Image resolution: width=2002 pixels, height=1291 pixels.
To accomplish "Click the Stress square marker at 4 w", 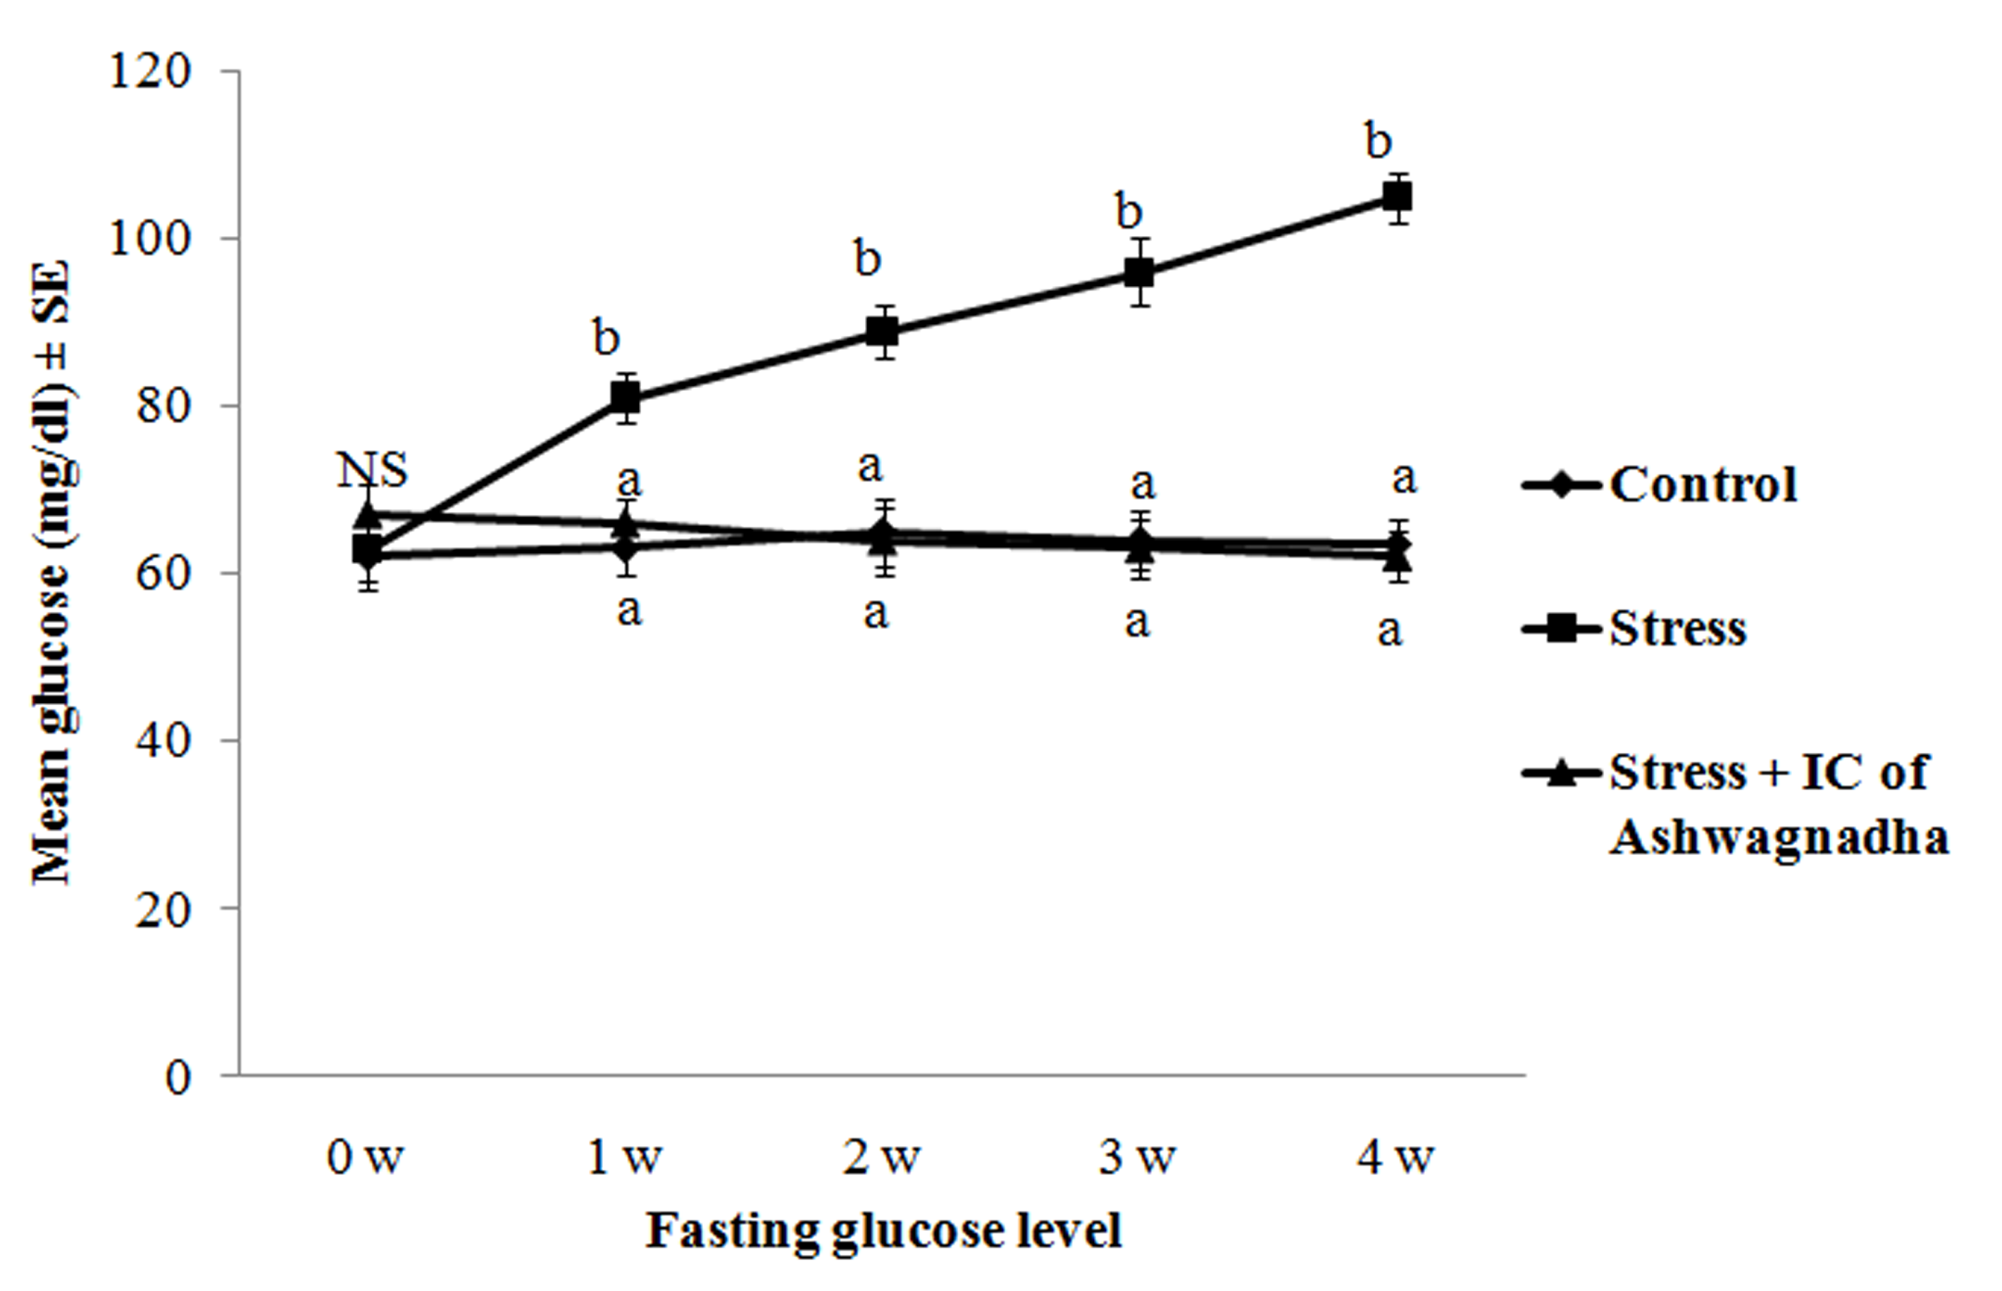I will tap(1397, 198).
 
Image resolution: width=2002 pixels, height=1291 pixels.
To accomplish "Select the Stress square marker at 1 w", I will tap(626, 397).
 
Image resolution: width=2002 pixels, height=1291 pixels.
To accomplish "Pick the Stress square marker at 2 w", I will tap(882, 331).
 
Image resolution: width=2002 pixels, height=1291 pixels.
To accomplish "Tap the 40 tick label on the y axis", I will tap(163, 741).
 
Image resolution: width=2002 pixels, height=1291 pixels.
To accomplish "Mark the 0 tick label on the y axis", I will tap(178, 1076).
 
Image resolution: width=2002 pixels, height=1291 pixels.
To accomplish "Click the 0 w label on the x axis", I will tap(366, 1159).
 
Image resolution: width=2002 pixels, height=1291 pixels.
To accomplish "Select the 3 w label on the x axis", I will tap(1138, 1159).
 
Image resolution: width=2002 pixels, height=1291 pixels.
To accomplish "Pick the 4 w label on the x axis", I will tap(1396, 1159).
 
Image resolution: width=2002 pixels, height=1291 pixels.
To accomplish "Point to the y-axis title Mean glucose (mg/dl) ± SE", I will tap(52, 573).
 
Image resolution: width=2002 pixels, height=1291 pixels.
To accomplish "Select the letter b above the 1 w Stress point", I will tap(606, 338).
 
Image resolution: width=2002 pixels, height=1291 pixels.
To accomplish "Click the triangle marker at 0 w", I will tap(367, 513).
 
